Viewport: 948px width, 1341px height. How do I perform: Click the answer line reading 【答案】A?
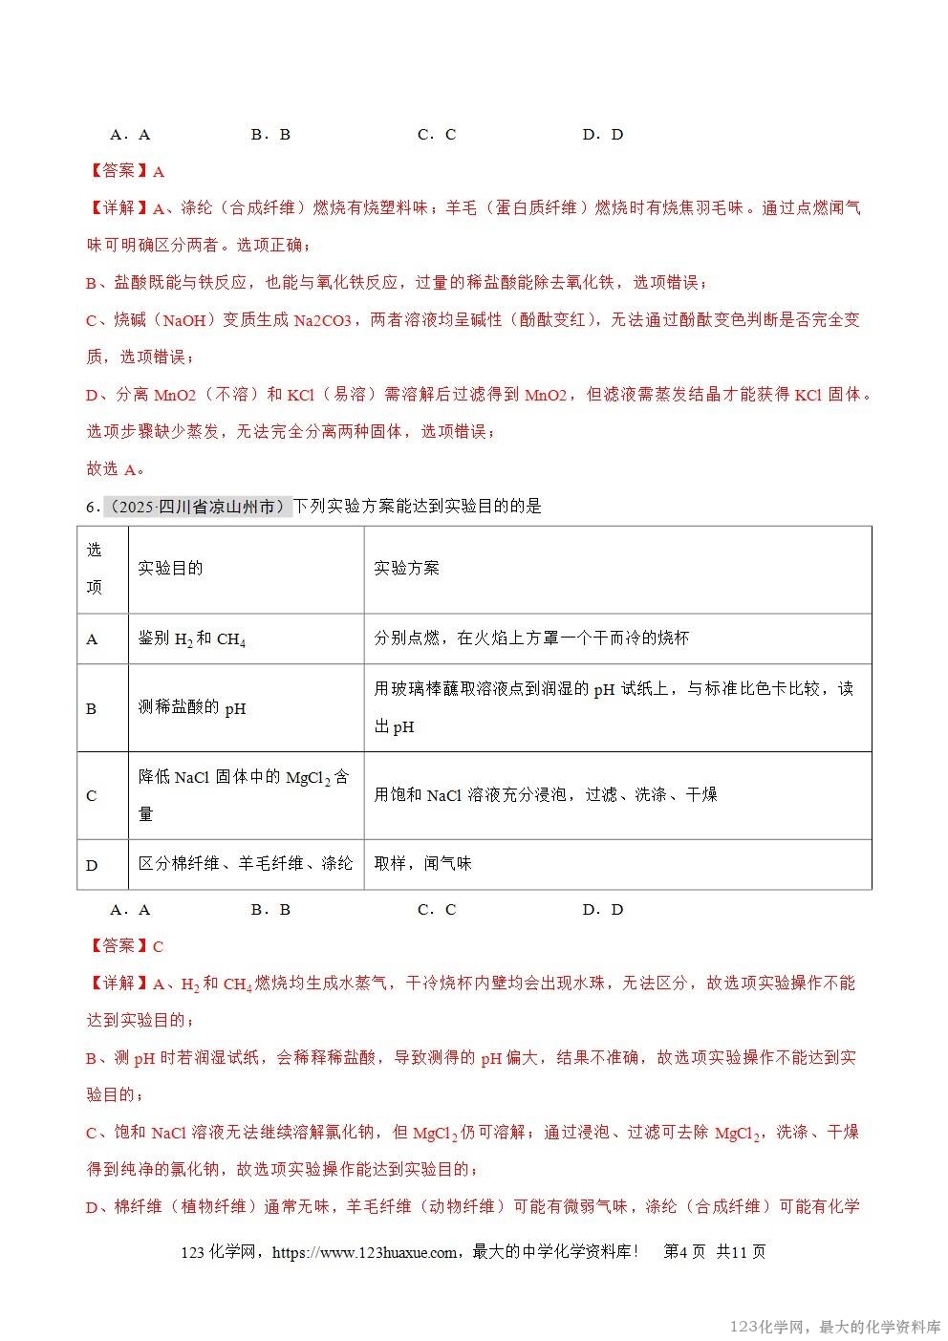(x=126, y=171)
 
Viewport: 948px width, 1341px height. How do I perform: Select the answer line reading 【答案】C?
(x=126, y=945)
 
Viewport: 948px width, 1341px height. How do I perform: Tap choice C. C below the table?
(x=437, y=909)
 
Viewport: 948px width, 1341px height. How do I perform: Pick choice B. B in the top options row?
(x=270, y=135)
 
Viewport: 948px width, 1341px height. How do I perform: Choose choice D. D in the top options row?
(x=603, y=135)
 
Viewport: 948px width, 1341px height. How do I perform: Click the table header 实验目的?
(x=170, y=568)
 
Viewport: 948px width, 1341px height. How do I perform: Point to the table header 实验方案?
(x=406, y=568)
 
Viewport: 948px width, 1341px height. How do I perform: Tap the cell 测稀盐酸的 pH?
(x=191, y=708)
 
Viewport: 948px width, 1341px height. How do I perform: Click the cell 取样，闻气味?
(x=422, y=863)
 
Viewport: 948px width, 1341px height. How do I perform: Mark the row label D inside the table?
(x=93, y=865)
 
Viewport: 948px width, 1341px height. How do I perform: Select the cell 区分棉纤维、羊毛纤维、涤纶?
(x=245, y=863)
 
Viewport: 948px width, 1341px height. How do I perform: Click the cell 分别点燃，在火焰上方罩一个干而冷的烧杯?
(x=530, y=638)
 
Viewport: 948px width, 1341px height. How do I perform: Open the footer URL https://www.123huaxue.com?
(x=364, y=1252)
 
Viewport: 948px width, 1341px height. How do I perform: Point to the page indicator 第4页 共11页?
(x=714, y=1252)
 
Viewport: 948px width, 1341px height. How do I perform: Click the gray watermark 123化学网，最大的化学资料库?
(x=835, y=1327)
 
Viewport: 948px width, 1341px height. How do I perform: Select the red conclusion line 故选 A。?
(x=116, y=468)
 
